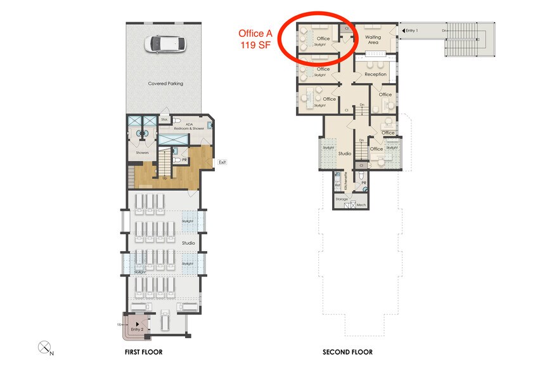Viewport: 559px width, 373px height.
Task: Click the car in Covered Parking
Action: pos(165,44)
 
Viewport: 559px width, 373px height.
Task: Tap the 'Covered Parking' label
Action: pos(165,83)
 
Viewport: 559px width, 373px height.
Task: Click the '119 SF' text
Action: pos(256,45)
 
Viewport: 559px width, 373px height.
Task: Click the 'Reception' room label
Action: pos(375,74)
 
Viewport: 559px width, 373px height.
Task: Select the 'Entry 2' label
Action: pos(138,329)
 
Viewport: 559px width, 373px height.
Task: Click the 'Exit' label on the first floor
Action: pos(222,162)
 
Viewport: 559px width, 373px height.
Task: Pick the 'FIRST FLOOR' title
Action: pos(144,352)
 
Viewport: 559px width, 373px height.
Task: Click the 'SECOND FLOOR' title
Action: pos(347,352)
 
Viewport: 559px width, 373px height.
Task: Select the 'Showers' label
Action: pos(142,152)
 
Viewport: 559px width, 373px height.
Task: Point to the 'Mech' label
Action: pos(361,205)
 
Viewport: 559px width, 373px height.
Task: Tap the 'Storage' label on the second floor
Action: pos(342,199)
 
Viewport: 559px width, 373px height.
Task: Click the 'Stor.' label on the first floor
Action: pos(164,119)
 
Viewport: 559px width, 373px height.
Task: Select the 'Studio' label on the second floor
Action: pos(345,154)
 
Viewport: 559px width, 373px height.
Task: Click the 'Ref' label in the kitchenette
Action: pos(337,185)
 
